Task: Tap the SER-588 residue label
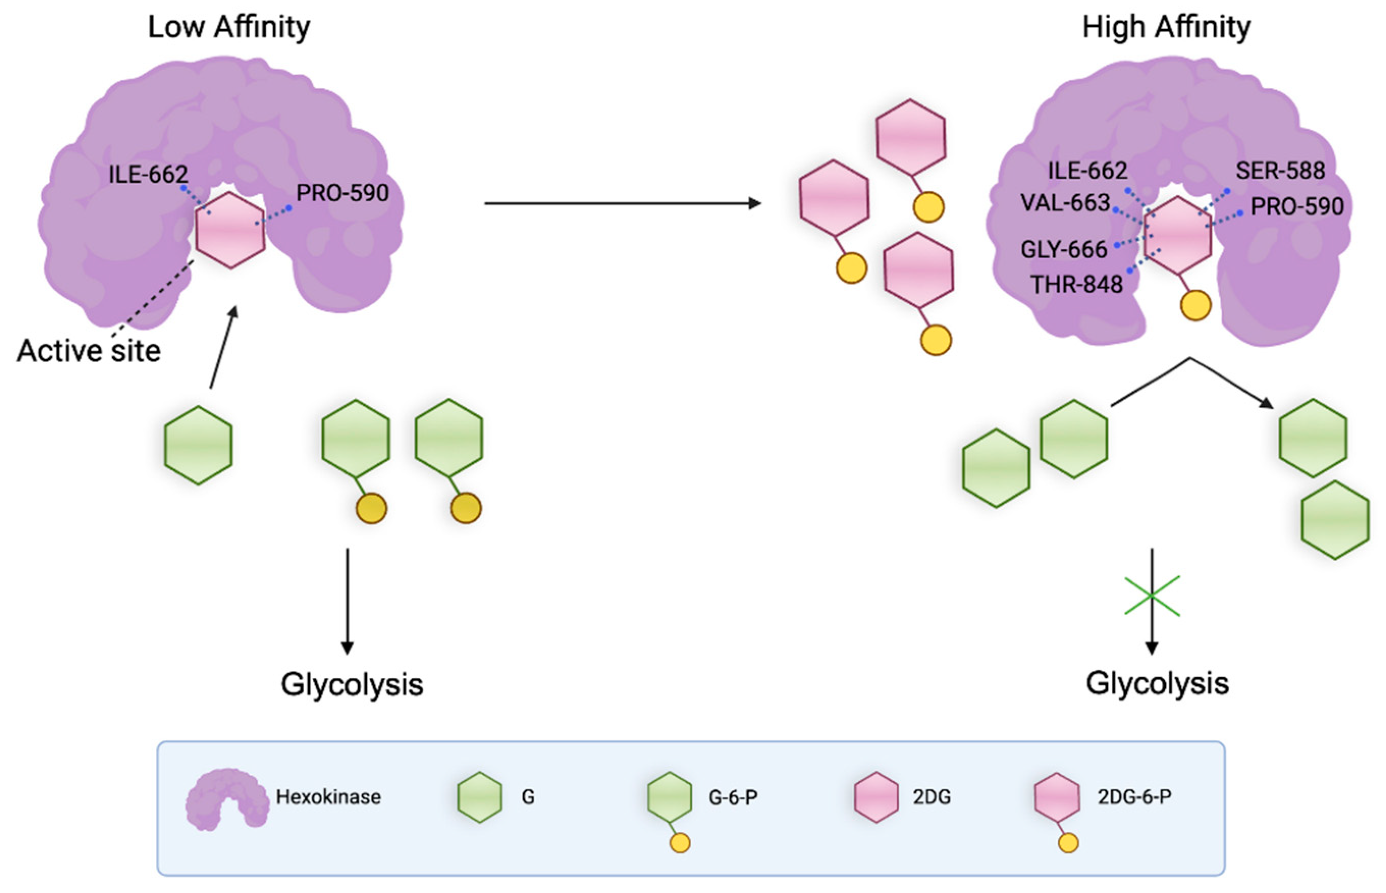coord(1280,171)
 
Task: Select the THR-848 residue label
coord(1076,284)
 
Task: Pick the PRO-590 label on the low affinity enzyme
coord(342,193)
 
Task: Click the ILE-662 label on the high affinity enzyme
coord(1087,171)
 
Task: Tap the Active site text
coord(89,351)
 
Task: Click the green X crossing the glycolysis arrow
coord(1152,596)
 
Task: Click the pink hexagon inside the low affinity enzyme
coord(230,230)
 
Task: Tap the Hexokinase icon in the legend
coord(227,798)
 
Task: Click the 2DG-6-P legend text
coord(1134,797)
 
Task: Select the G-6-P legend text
coord(732,797)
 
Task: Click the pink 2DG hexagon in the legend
coord(876,797)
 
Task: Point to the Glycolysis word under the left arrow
coord(352,684)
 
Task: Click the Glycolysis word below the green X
coord(1157,683)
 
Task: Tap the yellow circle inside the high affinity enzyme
coord(1195,305)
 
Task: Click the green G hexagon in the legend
coord(479,797)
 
